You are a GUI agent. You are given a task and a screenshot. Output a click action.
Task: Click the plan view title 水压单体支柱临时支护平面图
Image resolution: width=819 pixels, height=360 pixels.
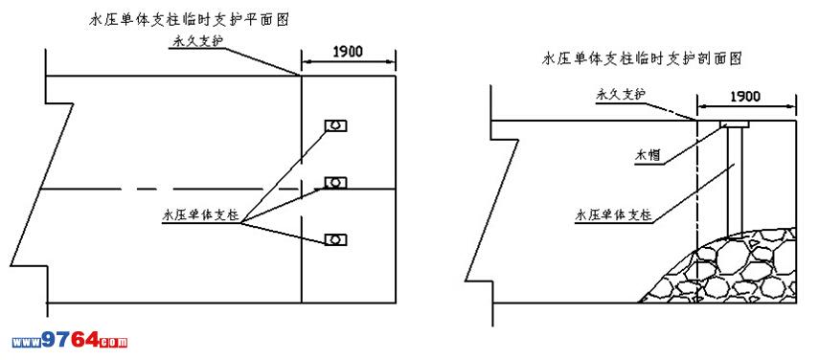190,20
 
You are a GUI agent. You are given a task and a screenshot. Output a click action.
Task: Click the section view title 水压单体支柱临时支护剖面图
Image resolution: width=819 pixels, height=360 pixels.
643,58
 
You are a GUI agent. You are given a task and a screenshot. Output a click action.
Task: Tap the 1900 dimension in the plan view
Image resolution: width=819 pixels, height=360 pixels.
348,51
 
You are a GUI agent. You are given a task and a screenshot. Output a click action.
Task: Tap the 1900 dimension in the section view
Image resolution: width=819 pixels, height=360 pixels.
745,96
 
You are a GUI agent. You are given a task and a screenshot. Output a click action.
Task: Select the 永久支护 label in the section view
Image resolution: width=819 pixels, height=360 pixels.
622,94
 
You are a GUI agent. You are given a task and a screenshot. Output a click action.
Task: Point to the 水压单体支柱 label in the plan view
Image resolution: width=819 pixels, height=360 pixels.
201,215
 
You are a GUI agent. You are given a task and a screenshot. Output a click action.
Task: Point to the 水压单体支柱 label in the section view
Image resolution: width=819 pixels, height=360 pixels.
614,214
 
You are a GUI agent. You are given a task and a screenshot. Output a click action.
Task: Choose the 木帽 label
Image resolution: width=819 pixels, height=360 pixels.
647,155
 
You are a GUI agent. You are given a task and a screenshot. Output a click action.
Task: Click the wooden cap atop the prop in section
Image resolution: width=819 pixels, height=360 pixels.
734,124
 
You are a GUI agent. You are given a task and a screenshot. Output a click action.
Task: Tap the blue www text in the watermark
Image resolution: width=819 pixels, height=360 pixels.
27,343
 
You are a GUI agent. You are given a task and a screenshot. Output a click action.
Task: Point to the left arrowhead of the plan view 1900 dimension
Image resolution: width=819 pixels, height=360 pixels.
307,62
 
